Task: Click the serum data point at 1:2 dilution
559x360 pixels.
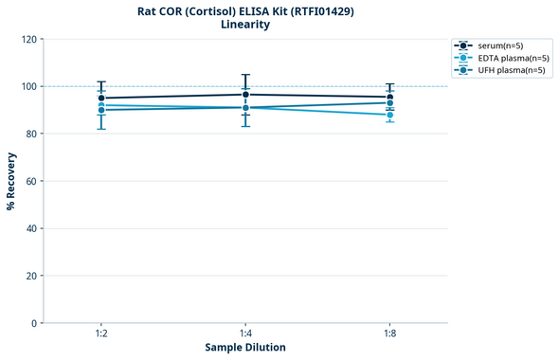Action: [x=101, y=98]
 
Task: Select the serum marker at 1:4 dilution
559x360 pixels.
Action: [x=245, y=94]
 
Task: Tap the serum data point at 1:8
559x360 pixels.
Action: [x=390, y=97]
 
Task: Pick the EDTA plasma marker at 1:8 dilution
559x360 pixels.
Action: [x=390, y=115]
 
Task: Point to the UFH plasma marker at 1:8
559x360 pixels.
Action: [x=390, y=102]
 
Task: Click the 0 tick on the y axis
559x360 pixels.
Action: [x=34, y=323]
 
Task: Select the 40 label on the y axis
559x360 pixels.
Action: [x=31, y=228]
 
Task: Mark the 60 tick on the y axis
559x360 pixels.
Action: [x=31, y=181]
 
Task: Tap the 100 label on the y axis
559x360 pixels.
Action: [x=28, y=86]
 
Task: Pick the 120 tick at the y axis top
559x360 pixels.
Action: [x=28, y=39]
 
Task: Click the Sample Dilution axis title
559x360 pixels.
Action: [x=245, y=348]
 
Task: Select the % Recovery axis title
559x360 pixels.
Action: [x=11, y=181]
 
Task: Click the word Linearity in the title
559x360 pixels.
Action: [x=244, y=25]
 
